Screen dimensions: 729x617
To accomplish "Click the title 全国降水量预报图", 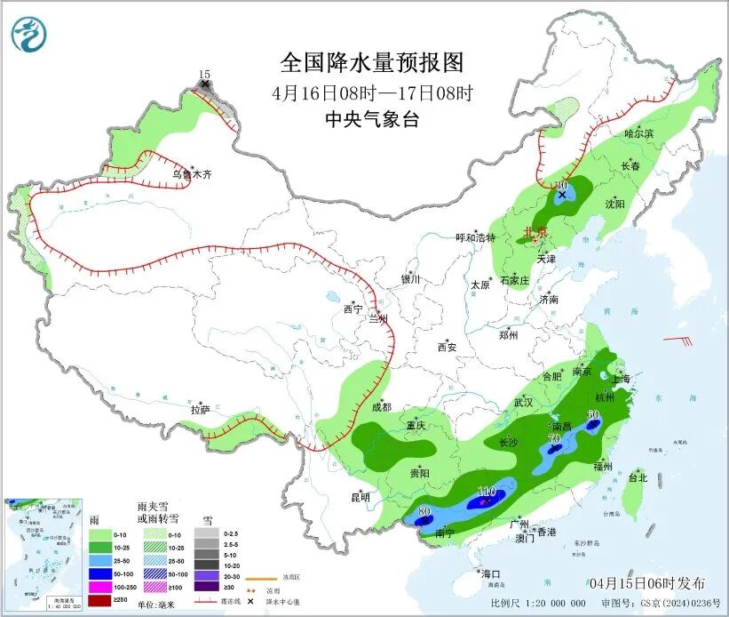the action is pos(372,63).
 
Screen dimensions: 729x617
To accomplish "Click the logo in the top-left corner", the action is pos(29,36).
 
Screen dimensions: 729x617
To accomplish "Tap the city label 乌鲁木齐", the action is pos(192,175).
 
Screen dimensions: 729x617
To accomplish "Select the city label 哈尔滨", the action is pos(638,134).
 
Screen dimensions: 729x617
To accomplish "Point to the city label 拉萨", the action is pos(200,410).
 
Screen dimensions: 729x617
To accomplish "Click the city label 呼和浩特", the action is pos(475,237).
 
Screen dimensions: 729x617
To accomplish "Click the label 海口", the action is pos(490,573).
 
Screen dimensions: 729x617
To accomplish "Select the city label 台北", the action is pos(638,477).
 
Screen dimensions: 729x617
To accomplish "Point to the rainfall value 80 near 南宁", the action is pos(424,511).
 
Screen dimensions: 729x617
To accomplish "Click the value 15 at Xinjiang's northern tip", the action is pos(205,75).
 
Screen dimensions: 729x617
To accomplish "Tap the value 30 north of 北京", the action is pos(561,184).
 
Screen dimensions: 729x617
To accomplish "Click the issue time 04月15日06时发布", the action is pos(647,583).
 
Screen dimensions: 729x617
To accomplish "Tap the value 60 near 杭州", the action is pos(593,414).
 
